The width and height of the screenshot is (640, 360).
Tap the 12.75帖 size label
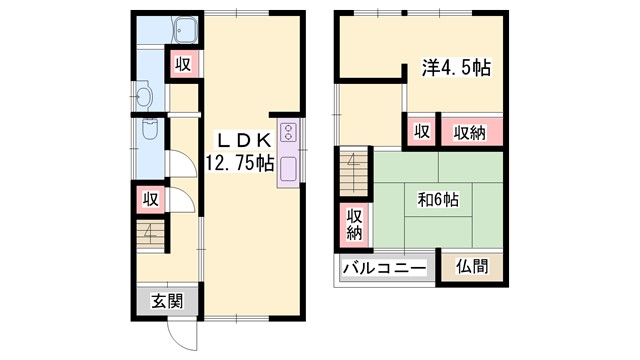click(240, 162)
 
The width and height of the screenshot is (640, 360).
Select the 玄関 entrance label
click(167, 300)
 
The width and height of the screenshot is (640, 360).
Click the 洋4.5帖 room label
click(454, 69)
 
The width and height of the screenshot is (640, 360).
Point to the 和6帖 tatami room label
click(437, 198)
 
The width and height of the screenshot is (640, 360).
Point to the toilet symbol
click(149, 129)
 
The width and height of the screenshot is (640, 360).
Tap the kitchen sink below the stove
click(288, 168)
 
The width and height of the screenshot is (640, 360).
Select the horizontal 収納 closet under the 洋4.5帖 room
click(470, 131)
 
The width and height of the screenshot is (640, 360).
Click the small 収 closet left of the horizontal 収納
click(422, 131)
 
